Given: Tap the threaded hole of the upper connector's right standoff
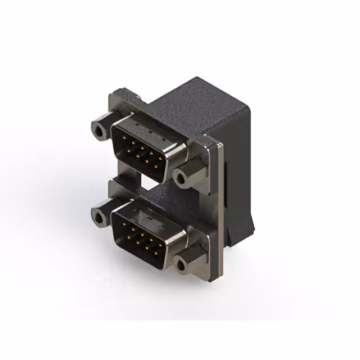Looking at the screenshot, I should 181,178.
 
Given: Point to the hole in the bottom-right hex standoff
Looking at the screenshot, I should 181,264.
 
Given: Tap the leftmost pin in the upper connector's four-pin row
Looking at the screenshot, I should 125,151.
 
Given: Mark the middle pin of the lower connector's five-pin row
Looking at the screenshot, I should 141,235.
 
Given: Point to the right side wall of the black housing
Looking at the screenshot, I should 239,169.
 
